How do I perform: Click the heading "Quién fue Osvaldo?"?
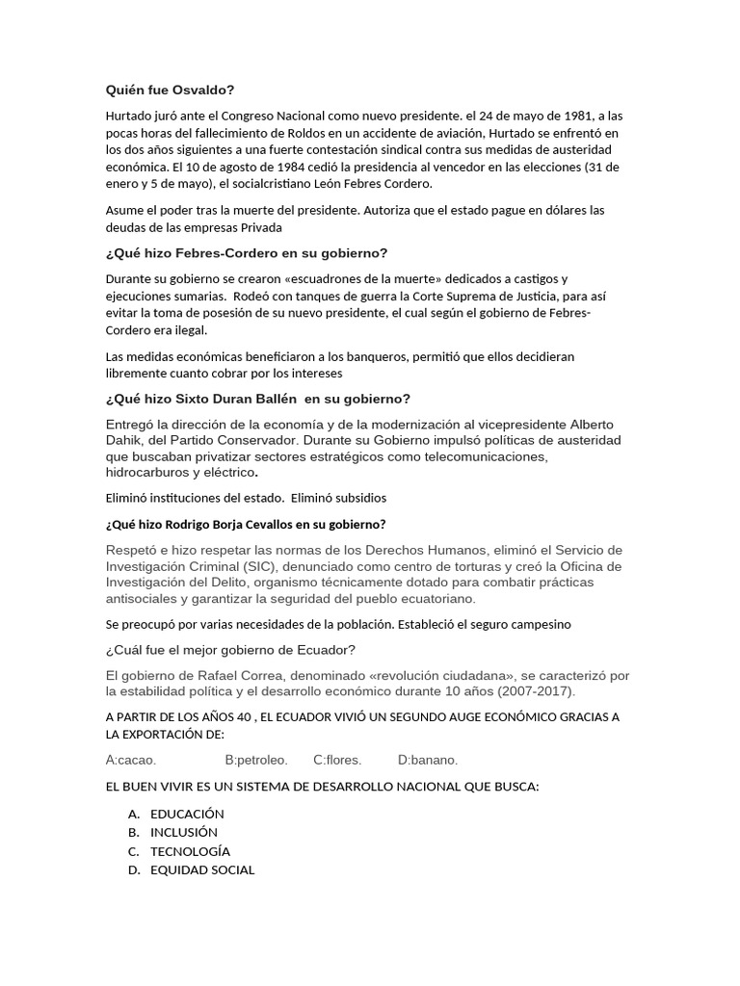pyautogui.click(x=170, y=91)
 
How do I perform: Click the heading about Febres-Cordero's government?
pyautogui.click(x=246, y=253)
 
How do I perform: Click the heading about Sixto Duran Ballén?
pyautogui.click(x=257, y=399)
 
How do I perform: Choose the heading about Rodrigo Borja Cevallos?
pyautogui.click(x=245, y=524)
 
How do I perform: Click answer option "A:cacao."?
pyautogui.click(x=131, y=760)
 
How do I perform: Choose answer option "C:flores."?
pyautogui.click(x=337, y=760)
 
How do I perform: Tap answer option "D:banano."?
pyautogui.click(x=428, y=760)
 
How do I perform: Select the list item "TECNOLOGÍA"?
pyautogui.click(x=190, y=851)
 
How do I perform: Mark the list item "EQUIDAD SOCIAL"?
pyautogui.click(x=201, y=869)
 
